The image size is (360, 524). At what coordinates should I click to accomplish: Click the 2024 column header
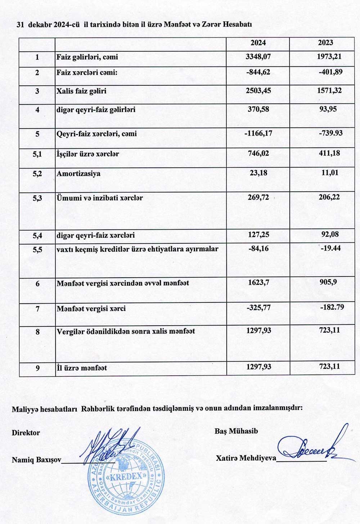(258, 42)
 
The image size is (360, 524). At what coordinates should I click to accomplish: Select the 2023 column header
(325, 42)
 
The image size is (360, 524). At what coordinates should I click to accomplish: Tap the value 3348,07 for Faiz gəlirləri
(258, 57)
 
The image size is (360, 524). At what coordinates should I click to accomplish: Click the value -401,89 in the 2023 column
(330, 72)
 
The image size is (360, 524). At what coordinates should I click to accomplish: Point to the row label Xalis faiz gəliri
(81, 91)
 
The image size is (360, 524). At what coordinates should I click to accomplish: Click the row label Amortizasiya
(78, 174)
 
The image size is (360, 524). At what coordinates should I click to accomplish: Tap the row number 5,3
(37, 198)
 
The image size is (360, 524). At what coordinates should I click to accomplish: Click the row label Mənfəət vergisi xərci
(91, 309)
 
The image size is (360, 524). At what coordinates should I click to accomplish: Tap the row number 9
(37, 368)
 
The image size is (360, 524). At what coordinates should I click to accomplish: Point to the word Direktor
(26, 433)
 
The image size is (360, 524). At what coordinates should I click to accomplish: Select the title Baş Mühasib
(236, 431)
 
